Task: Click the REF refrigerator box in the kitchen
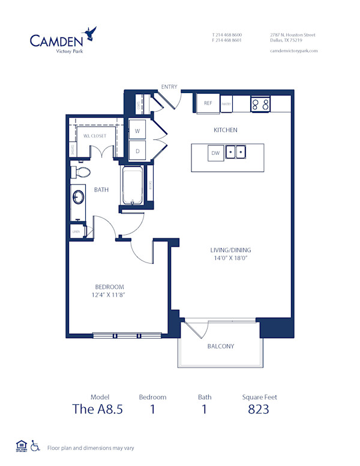tap(208, 103)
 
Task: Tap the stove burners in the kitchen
tap(260, 104)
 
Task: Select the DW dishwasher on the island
tap(215, 153)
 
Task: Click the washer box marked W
tap(137, 130)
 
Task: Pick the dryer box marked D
tap(137, 151)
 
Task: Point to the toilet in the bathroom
tap(80, 172)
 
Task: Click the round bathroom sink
tap(78, 198)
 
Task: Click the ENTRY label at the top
tap(169, 87)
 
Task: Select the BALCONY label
tap(220, 346)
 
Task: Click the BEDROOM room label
tap(109, 287)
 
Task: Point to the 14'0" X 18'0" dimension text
tap(230, 258)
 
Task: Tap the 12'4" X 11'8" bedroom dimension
tap(109, 295)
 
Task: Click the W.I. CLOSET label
tap(94, 136)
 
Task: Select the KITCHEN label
tap(226, 130)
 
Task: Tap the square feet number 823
tap(259, 410)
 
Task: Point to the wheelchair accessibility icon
tap(35, 446)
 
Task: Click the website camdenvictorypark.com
tap(293, 51)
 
